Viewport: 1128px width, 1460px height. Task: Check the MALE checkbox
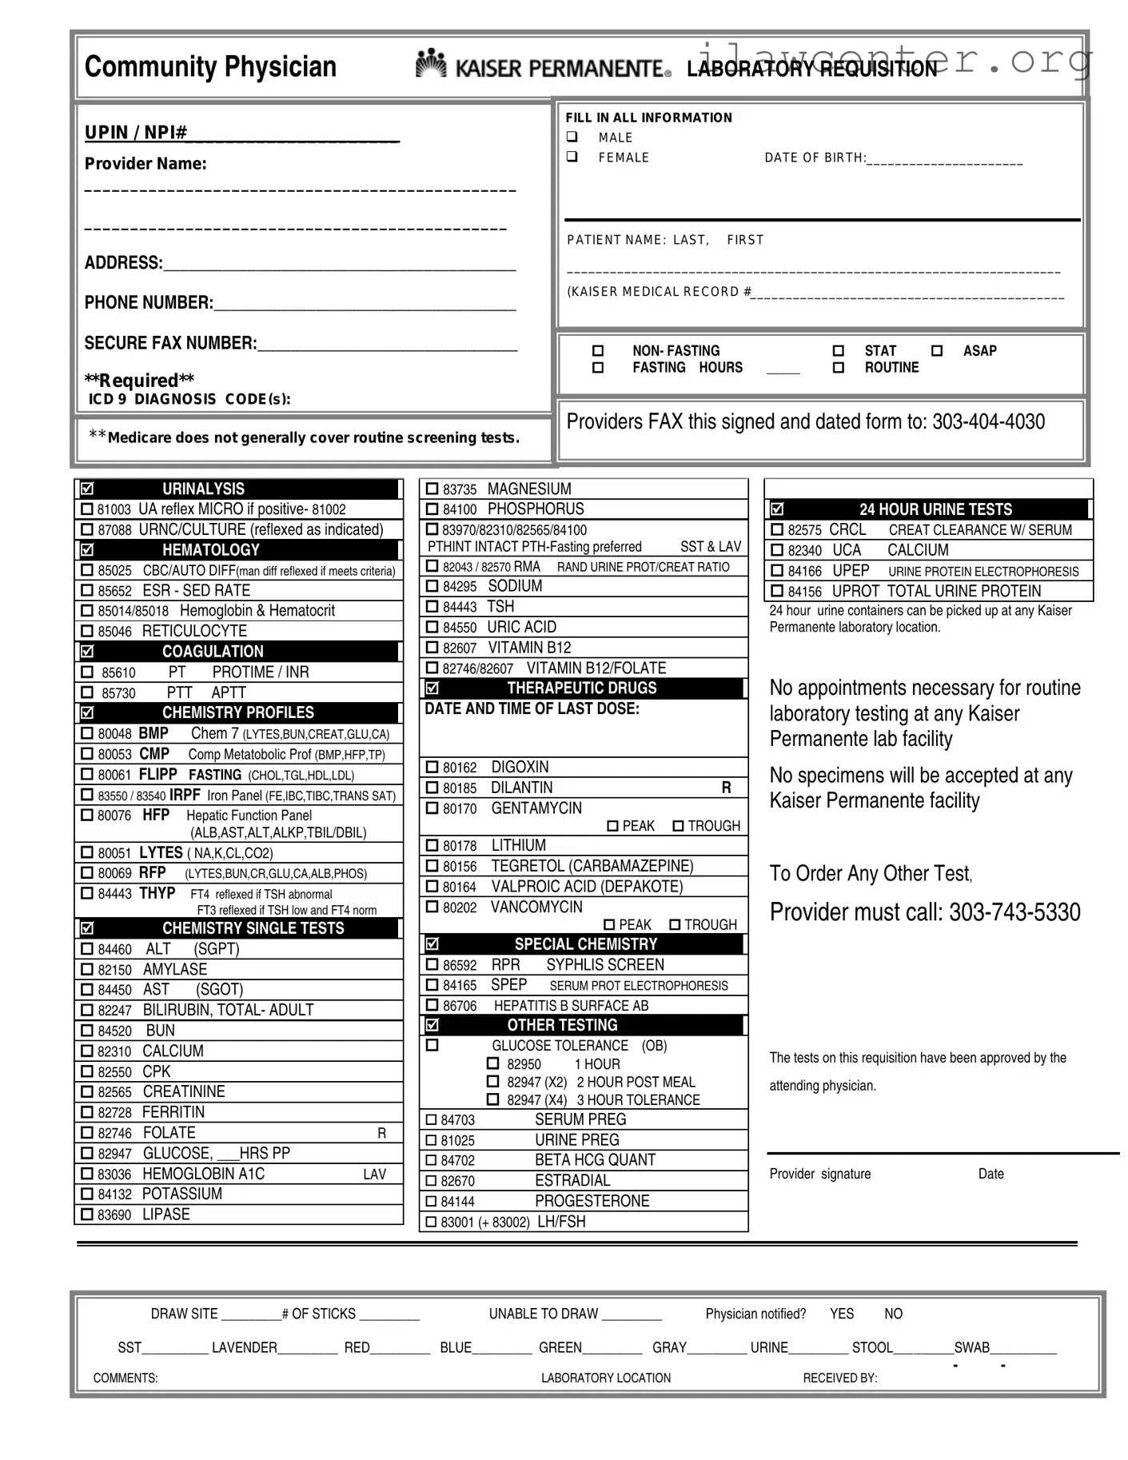click(572, 137)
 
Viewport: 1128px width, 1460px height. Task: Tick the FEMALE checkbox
click(572, 157)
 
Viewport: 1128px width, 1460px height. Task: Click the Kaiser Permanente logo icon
click(431, 64)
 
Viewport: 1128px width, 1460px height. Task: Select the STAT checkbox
click(839, 350)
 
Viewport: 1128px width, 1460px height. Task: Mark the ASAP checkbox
click(937, 350)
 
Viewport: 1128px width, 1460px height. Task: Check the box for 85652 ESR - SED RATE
click(87, 591)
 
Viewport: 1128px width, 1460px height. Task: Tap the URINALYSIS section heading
click(203, 489)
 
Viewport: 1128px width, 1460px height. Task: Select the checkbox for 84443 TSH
click(432, 607)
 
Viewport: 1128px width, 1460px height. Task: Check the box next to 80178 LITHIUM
click(432, 846)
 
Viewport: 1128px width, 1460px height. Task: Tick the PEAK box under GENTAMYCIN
click(613, 826)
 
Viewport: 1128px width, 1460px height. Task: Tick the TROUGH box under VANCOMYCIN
click(675, 925)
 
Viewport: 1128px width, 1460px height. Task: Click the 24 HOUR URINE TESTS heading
click(935, 509)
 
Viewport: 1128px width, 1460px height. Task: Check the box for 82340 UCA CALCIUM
click(777, 550)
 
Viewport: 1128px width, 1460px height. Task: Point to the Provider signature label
click(819, 1174)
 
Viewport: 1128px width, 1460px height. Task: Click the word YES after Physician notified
click(841, 1314)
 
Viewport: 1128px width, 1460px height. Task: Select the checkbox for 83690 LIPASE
click(87, 1215)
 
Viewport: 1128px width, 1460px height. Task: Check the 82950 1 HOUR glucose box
click(493, 1064)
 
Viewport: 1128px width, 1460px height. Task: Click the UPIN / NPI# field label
click(136, 133)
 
